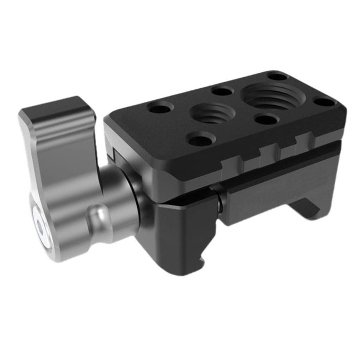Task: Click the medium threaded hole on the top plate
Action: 212,113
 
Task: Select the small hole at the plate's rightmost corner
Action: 324,102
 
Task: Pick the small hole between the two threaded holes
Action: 266,120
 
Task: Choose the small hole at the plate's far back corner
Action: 277,76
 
